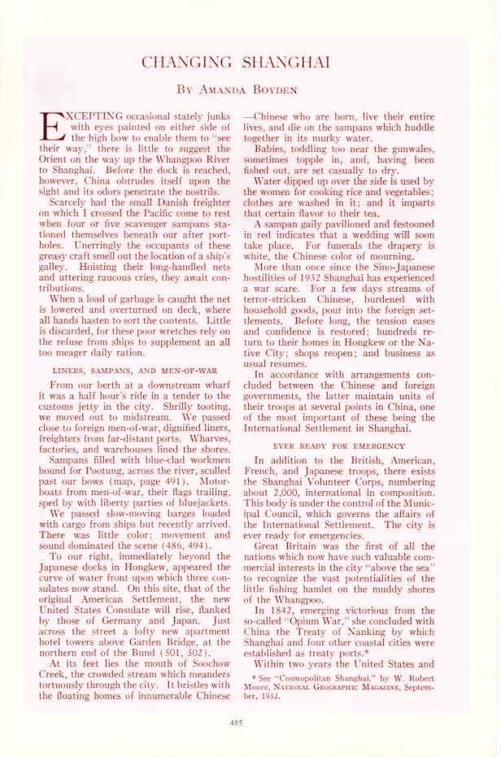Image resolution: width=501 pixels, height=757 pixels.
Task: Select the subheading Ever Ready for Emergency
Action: [339, 446]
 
